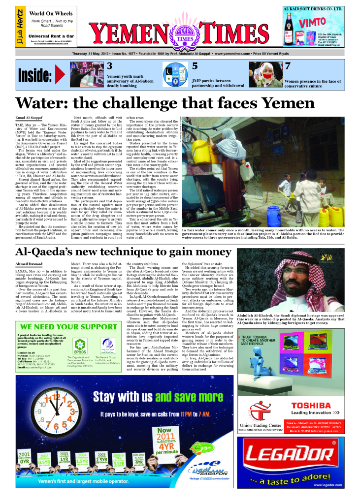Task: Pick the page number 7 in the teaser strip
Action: [288, 65]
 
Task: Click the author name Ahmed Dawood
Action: [29, 264]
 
